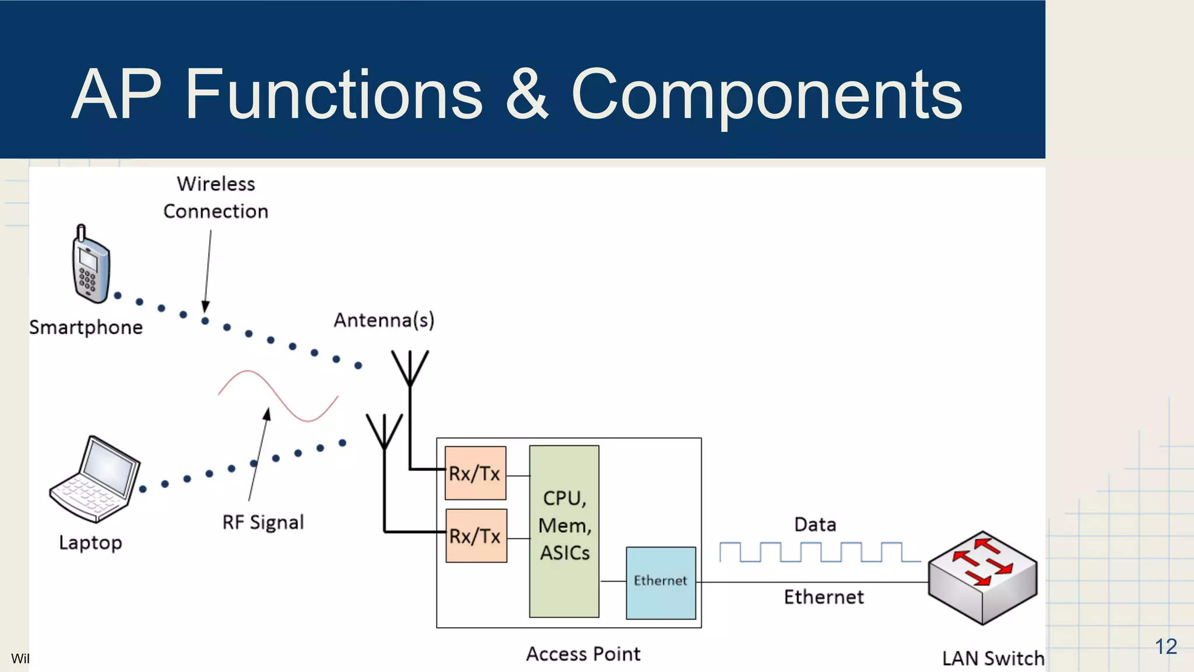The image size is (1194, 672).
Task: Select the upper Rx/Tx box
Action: [x=475, y=473]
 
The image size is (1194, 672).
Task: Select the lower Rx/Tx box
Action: [x=476, y=535]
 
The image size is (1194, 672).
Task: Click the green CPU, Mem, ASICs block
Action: [x=564, y=531]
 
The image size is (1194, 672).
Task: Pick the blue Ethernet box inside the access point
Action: [x=661, y=582]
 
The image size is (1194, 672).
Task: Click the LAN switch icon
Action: [x=983, y=577]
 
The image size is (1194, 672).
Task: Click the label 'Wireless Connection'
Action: [x=216, y=197]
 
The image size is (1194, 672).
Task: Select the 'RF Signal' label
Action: [x=263, y=522]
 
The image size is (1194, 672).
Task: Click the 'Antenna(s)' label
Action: [x=384, y=320]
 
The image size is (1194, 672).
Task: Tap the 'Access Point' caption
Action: [x=583, y=654]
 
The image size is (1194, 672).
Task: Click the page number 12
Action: [x=1165, y=646]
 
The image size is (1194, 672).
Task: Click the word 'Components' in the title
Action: [x=766, y=94]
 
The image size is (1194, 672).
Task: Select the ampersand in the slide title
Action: [x=526, y=94]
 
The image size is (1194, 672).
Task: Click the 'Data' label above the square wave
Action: [x=814, y=524]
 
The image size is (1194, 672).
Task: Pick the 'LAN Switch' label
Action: [x=993, y=658]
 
